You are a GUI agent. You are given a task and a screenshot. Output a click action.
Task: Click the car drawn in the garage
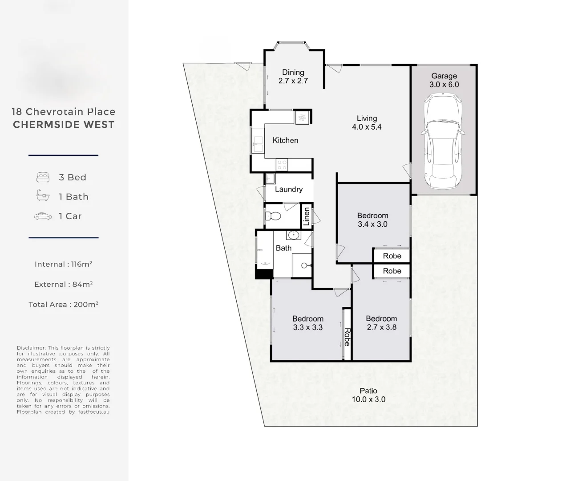(443, 142)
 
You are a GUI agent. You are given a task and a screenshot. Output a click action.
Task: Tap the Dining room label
(293, 73)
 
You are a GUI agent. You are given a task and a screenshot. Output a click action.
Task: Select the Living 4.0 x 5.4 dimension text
(367, 127)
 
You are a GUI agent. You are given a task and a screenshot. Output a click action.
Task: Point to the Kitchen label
(285, 140)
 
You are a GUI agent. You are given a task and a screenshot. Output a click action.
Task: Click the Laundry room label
(288, 189)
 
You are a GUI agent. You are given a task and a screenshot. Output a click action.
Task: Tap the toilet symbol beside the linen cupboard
(273, 216)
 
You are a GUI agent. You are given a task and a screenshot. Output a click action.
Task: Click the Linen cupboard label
(306, 216)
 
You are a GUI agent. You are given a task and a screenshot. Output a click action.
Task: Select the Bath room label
(283, 248)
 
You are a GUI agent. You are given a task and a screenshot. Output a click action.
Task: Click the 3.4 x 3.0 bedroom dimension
(372, 224)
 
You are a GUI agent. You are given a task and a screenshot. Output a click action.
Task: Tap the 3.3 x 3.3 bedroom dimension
(307, 327)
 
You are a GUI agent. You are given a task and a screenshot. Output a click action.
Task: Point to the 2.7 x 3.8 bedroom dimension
(381, 327)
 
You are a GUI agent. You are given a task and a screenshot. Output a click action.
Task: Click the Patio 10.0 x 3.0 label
(368, 395)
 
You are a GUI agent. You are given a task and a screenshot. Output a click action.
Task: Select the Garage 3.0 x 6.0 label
(444, 80)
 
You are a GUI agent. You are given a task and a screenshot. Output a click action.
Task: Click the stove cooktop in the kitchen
(282, 165)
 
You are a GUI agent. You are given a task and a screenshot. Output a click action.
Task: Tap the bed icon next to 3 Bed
(43, 177)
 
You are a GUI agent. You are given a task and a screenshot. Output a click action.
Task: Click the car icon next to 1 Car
(43, 216)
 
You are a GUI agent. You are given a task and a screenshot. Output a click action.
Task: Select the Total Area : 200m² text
(63, 305)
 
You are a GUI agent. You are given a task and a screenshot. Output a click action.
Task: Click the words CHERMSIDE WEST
(64, 125)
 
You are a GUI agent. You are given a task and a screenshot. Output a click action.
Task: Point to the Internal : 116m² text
(63, 264)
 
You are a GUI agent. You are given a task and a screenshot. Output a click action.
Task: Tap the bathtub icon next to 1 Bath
(43, 196)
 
